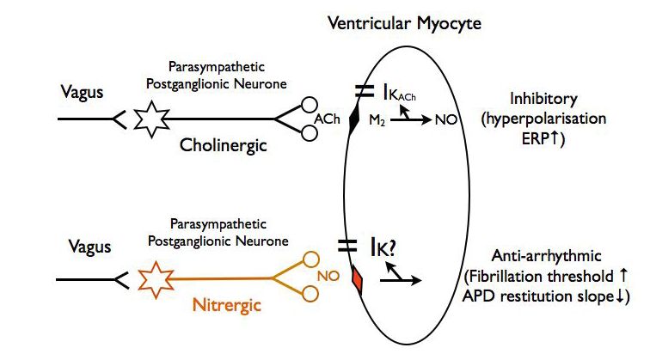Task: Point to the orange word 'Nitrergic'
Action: coord(225,307)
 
